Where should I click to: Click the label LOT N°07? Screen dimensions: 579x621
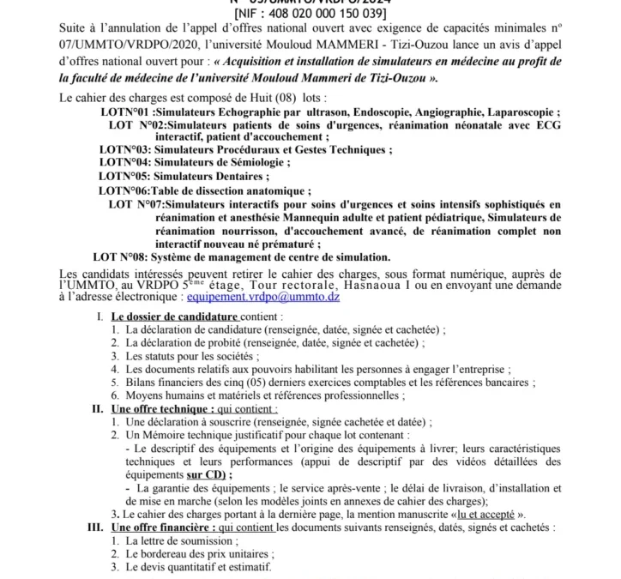tap(136, 204)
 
